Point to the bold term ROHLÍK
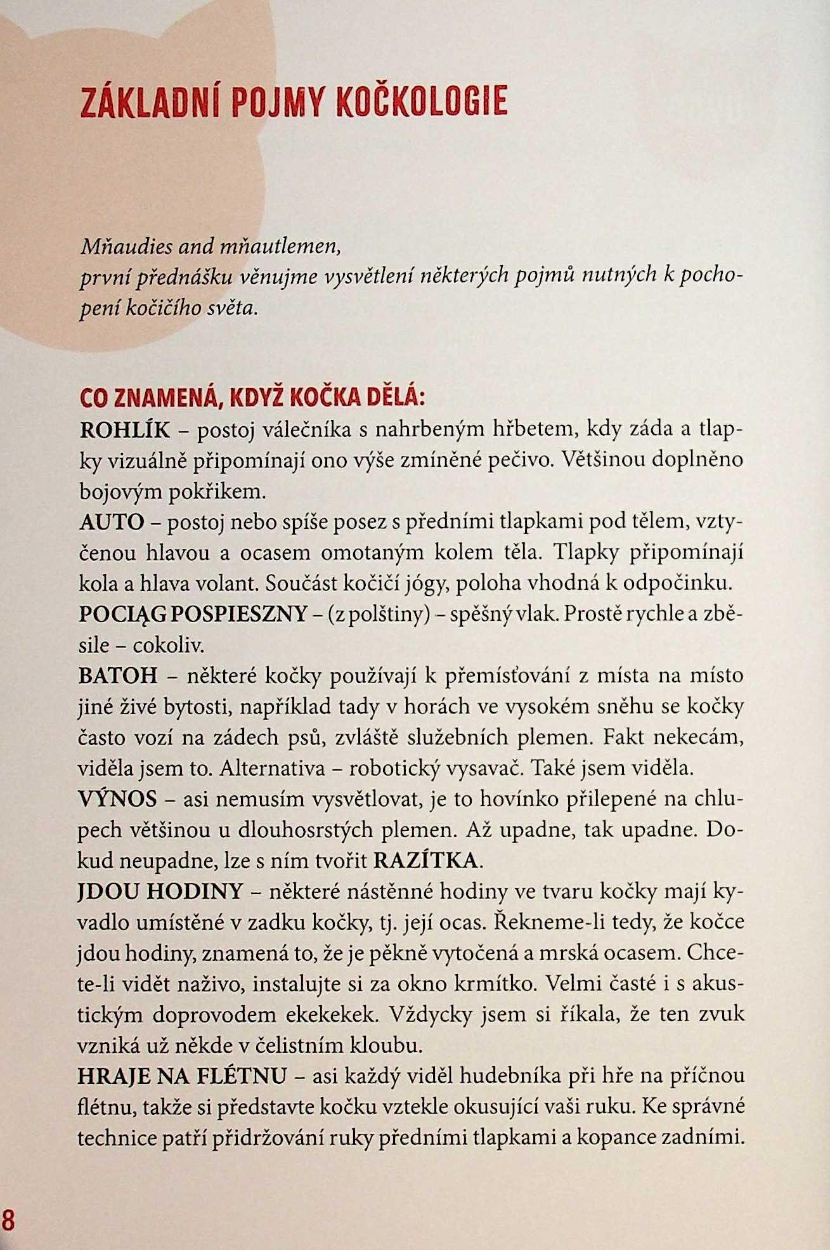pyautogui.click(x=125, y=430)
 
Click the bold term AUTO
pyautogui.click(x=112, y=522)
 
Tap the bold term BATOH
pyautogui.click(x=118, y=675)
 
